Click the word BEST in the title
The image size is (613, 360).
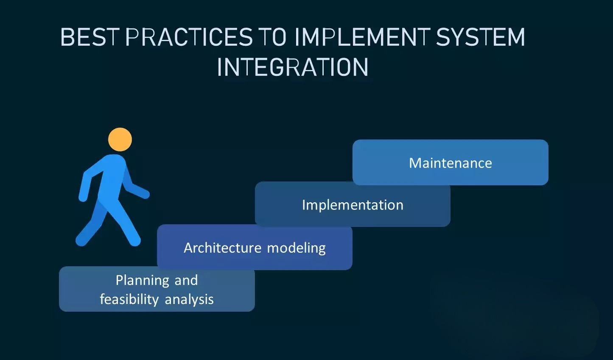90,36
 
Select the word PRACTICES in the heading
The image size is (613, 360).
189,36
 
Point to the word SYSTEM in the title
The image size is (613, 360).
480,36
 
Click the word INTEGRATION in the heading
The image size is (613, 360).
293,67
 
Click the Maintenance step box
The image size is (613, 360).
451,162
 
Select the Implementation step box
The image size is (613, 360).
353,204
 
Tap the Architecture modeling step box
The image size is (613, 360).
255,247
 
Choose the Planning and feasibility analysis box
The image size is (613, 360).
157,289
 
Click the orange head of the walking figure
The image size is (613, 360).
120,140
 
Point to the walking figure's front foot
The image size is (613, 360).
134,241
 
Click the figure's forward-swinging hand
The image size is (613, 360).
145,194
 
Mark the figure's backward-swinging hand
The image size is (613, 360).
83,197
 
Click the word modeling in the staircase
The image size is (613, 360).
297,248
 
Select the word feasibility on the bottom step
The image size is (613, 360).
129,299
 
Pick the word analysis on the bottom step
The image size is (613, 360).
189,300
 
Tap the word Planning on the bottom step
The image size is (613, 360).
142,281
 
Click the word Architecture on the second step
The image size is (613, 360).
222,248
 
